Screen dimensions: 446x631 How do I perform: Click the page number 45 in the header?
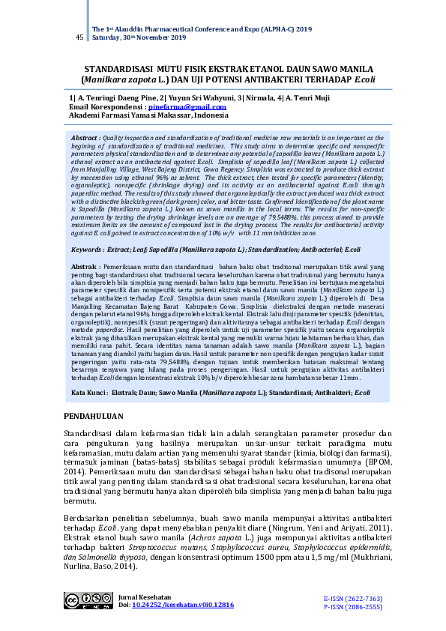(79, 37)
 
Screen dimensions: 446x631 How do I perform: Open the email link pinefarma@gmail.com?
(184, 107)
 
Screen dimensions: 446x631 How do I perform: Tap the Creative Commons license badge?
(88, 600)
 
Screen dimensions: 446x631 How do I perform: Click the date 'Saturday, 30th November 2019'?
(137, 38)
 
